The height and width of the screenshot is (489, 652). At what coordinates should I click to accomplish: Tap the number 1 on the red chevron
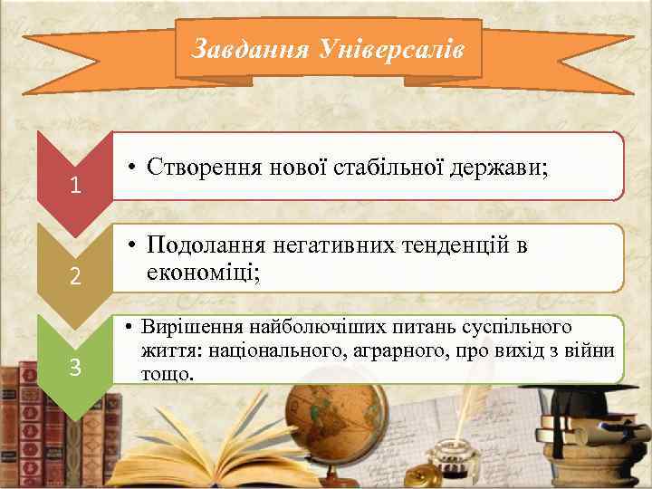[x=77, y=187]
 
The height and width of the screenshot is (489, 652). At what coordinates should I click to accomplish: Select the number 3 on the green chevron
[x=77, y=368]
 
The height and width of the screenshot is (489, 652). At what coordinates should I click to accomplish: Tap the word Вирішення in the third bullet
[x=189, y=325]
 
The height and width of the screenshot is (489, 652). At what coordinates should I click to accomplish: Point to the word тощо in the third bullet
[x=168, y=372]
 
